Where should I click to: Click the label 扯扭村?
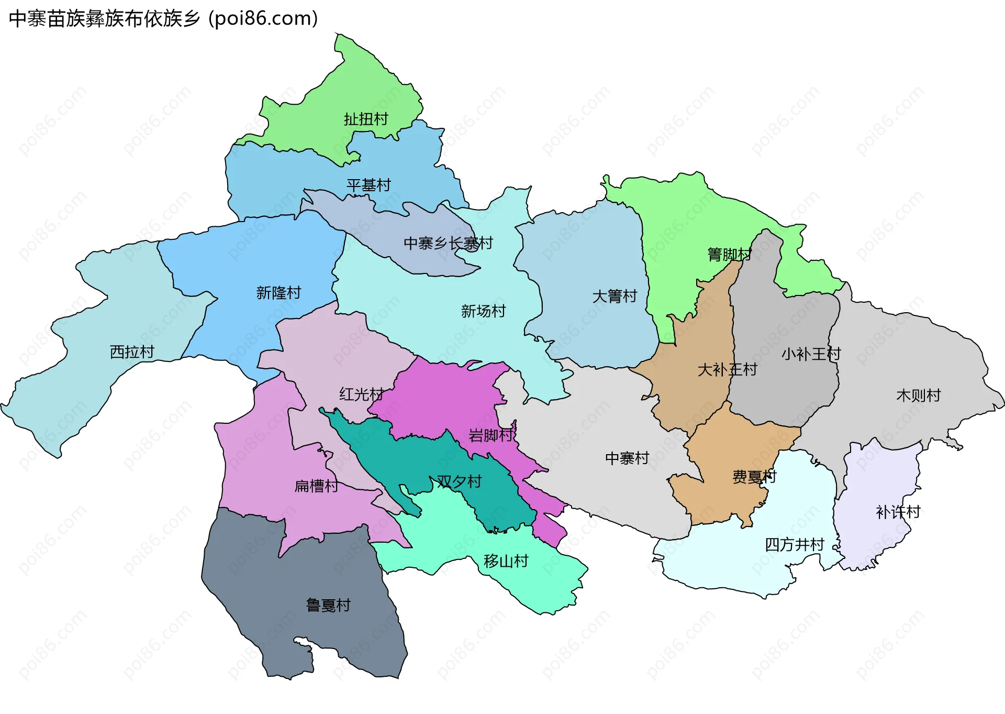click(x=366, y=119)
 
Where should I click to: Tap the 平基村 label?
click(x=368, y=185)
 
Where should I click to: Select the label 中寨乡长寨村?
click(x=448, y=243)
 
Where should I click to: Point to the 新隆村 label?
click(x=278, y=293)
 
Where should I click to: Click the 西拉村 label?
click(x=132, y=352)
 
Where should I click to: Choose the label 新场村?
click(x=483, y=311)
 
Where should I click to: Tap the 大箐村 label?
click(x=615, y=296)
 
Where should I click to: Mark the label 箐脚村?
click(x=730, y=255)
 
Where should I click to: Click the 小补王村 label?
click(x=811, y=354)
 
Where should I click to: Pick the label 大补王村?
click(x=728, y=370)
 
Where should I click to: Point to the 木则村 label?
click(x=919, y=396)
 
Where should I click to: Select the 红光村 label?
click(x=361, y=394)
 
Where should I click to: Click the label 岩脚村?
click(x=491, y=435)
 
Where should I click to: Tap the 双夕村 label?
click(x=459, y=481)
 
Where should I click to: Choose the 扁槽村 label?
click(x=316, y=486)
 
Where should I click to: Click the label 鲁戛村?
click(x=328, y=606)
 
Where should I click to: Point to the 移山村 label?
click(x=506, y=562)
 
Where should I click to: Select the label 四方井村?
click(x=795, y=545)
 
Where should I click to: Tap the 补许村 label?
click(x=898, y=512)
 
